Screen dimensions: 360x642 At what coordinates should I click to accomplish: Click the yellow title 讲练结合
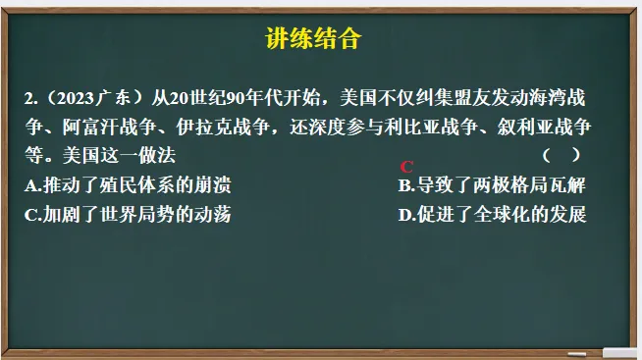[x=315, y=39]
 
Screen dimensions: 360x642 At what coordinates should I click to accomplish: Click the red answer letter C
[x=407, y=167]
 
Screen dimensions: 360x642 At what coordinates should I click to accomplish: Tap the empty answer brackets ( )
[x=561, y=155]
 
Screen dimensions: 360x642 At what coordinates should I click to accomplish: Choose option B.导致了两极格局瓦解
[x=492, y=185]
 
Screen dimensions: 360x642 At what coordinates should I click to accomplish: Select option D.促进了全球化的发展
[x=492, y=215]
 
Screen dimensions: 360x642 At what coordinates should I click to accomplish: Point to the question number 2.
[x=32, y=98]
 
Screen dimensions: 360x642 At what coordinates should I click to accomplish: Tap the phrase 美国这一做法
[x=119, y=156]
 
